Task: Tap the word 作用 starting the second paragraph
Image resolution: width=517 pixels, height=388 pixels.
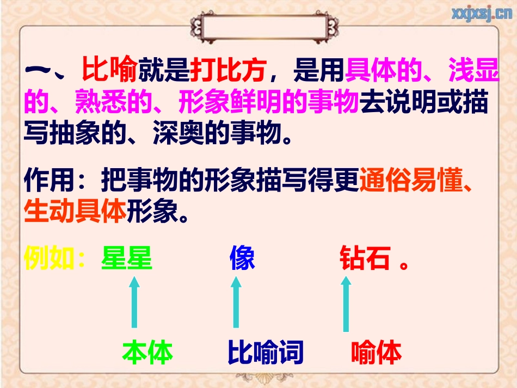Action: tap(49, 181)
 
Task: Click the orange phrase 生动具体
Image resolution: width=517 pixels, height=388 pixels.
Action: tap(75, 212)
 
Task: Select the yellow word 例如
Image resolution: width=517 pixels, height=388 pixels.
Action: tap(49, 258)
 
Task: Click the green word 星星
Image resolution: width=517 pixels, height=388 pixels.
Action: tap(127, 258)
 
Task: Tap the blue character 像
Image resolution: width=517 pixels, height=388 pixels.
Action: tap(242, 258)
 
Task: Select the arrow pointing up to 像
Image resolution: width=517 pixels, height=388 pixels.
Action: tap(236, 302)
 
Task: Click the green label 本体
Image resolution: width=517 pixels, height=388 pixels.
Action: tap(147, 353)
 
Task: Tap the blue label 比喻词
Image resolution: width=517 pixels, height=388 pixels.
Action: tap(265, 353)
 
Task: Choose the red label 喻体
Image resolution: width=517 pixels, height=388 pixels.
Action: tap(377, 353)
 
